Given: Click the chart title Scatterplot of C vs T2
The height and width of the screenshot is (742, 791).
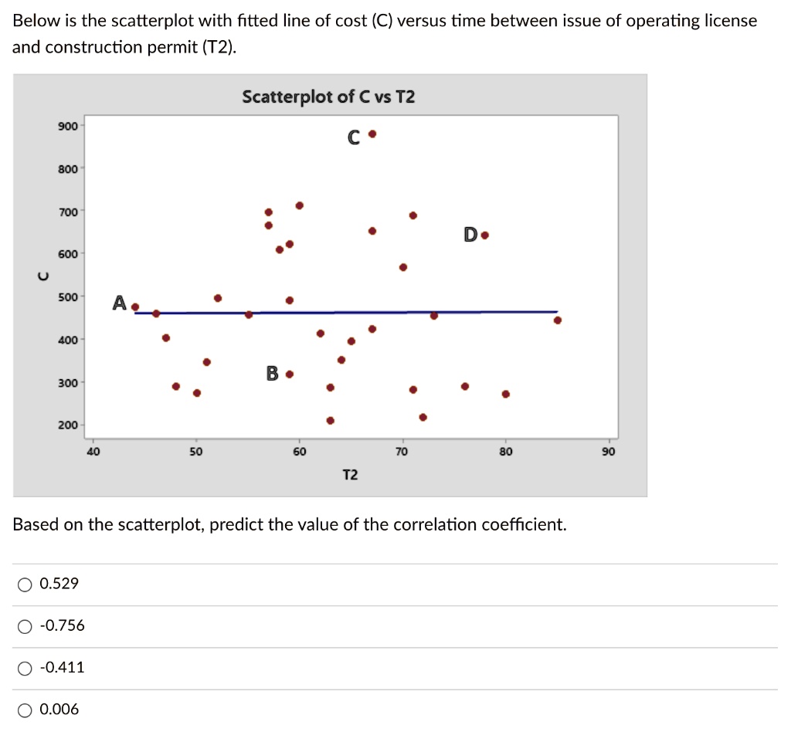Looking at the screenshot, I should tap(328, 97).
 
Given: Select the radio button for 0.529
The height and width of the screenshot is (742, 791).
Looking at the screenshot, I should tap(25, 584).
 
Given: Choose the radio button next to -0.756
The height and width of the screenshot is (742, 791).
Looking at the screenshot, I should tap(25, 626).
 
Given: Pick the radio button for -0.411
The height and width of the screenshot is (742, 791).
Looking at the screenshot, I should tap(25, 668).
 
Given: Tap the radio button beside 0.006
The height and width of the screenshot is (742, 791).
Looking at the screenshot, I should tap(25, 710).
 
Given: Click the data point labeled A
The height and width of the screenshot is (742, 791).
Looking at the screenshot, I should tap(135, 307).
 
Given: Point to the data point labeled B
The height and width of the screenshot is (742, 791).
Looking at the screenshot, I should tap(290, 374).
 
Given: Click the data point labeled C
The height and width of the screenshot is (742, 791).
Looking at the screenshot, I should tap(372, 134).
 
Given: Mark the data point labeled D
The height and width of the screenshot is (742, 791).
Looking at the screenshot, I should tap(484, 235).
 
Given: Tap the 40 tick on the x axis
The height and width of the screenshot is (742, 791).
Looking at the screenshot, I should tap(93, 452).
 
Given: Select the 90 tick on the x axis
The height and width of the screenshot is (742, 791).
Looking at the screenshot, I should tap(608, 452).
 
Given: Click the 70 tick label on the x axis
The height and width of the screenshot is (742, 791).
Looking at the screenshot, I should tap(402, 452).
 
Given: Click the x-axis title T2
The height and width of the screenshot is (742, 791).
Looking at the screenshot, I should tap(350, 475).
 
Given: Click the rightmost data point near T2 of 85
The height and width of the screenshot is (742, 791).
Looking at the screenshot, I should tap(558, 320).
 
